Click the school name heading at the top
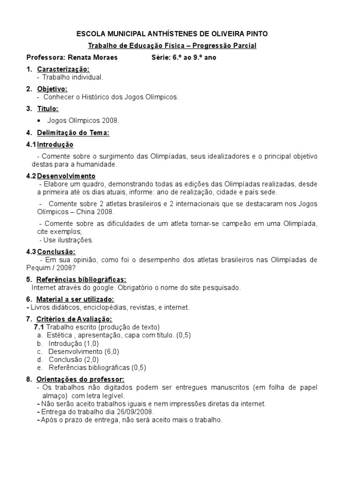[x=172, y=34]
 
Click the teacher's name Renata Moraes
[x=93, y=58]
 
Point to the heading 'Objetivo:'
[x=52, y=89]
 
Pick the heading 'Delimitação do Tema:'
[x=73, y=133]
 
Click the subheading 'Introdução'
[x=55, y=144]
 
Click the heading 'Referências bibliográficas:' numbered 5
[x=81, y=279]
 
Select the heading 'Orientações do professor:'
[x=81, y=379]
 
